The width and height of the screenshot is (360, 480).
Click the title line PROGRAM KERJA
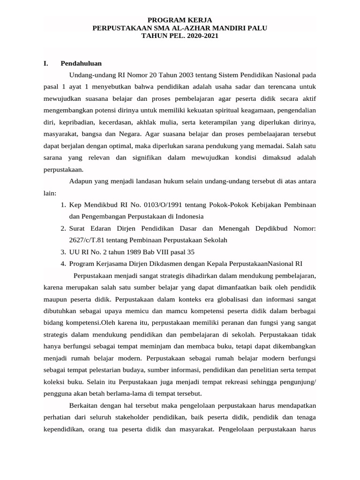(x=180, y=20)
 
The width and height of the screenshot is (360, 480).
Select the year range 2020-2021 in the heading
(x=199, y=36)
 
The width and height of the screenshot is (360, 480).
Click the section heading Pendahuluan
(x=81, y=63)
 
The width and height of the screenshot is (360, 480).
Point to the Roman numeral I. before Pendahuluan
(x=45, y=63)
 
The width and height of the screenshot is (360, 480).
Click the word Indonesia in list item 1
(x=188, y=216)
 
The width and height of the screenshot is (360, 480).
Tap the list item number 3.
(x=63, y=251)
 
